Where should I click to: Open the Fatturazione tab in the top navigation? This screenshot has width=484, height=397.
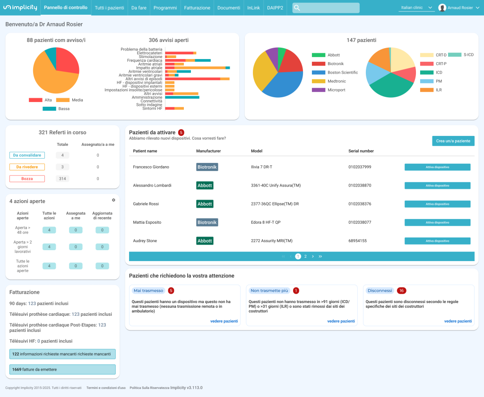point(198,8)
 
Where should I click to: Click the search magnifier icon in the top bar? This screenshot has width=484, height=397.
point(297,8)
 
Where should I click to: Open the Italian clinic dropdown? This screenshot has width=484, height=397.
point(416,8)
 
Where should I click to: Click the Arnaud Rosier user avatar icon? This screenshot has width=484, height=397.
point(442,8)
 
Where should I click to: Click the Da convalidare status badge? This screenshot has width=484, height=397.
point(27,155)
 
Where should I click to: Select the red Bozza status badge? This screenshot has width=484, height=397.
point(27,179)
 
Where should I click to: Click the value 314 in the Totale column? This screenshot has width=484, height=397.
point(62,179)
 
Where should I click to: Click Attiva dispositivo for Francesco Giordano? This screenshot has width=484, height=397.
point(437,167)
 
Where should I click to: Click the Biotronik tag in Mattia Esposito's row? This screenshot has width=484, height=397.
point(207,222)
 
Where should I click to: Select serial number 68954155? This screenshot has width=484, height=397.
point(357,241)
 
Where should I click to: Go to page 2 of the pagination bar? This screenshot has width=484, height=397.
point(305,256)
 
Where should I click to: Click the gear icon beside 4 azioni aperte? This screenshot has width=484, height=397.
point(113,200)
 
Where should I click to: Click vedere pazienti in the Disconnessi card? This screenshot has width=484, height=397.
point(458,321)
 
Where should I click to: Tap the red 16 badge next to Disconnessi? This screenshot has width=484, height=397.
point(401,291)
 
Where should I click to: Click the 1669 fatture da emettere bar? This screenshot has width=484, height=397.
point(62,370)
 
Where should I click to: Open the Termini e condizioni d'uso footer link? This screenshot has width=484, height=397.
point(106,388)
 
